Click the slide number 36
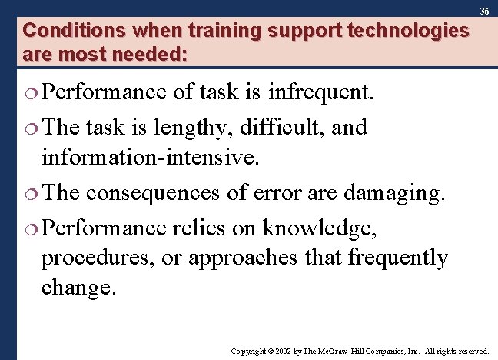click(x=484, y=12)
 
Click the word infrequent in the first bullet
click(x=320, y=93)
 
